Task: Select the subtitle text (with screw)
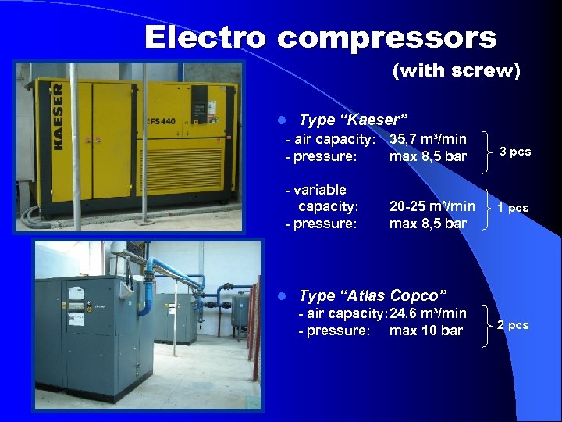pyautogui.click(x=456, y=71)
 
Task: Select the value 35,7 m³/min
pyautogui.click(x=428, y=139)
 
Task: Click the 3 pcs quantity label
pyautogui.click(x=515, y=152)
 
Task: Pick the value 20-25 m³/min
pyautogui.click(x=432, y=207)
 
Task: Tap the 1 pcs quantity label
pyautogui.click(x=514, y=209)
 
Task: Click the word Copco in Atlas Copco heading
pyautogui.click(x=418, y=296)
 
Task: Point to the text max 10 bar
pyautogui.click(x=426, y=331)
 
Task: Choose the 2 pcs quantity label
pyautogui.click(x=513, y=325)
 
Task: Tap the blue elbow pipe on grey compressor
pyautogui.click(x=146, y=289)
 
